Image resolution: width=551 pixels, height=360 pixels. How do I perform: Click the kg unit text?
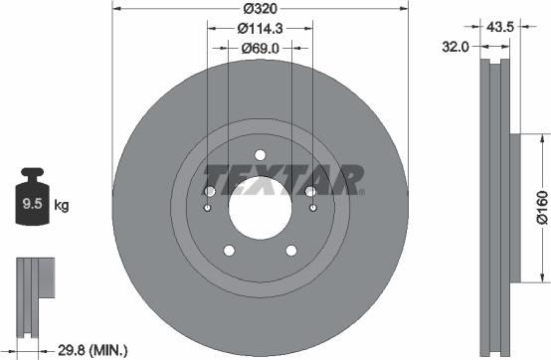62,206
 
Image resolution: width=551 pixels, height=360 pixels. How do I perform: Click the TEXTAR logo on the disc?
282,180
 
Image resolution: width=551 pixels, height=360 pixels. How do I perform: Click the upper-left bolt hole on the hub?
209,191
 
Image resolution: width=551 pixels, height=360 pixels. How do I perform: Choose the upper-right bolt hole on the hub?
310,191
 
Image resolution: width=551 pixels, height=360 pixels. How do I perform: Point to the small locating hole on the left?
206,208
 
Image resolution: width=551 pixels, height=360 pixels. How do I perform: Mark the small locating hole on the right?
313,208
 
